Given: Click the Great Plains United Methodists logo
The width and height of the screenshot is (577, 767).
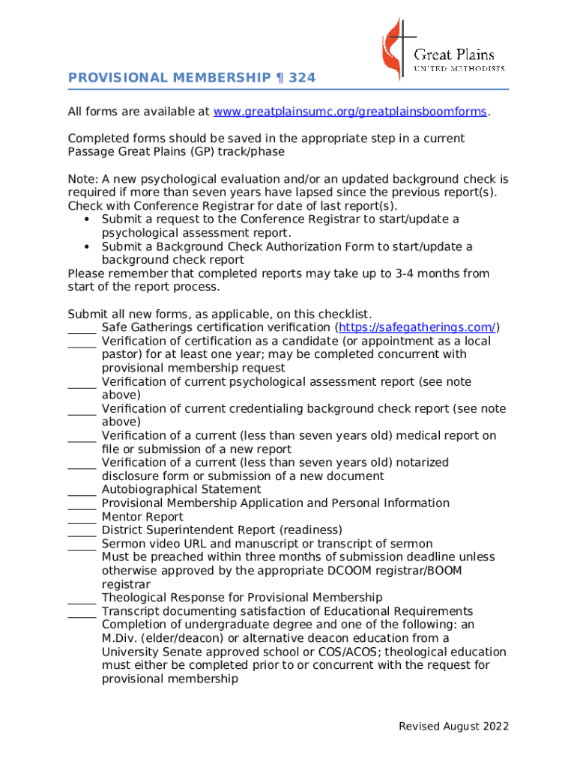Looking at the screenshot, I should tap(442, 49).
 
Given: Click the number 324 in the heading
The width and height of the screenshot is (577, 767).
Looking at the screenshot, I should tap(302, 78).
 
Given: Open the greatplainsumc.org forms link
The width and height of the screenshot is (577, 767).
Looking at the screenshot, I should tap(350, 112).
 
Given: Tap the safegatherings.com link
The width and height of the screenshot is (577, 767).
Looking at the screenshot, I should tap(417, 327).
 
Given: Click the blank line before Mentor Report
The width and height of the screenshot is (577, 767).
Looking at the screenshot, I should tap(82, 518).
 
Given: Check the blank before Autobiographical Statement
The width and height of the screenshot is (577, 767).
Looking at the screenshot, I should tap(82, 491).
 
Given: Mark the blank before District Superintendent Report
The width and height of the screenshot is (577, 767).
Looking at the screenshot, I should tap(82, 531).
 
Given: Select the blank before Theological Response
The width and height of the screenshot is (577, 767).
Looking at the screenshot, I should tap(82, 598).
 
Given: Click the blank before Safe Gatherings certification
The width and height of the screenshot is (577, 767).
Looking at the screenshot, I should tap(82, 329).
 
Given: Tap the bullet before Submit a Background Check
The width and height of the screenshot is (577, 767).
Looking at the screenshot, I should tap(88, 247).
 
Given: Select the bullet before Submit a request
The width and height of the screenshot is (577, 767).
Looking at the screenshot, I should tap(88, 219).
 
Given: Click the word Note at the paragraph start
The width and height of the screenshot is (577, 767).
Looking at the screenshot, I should tap(81, 180).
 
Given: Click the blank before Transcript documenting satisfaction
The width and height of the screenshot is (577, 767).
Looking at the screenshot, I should tap(82, 612).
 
